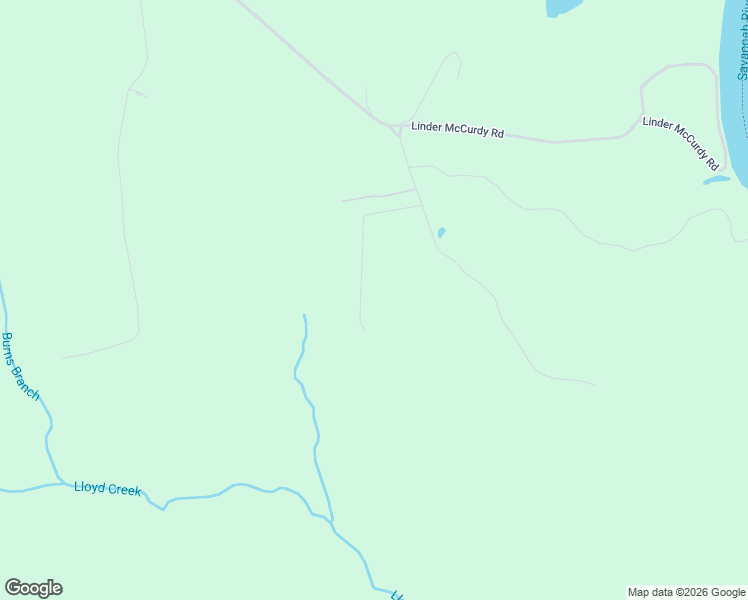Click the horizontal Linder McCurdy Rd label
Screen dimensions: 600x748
point(457,131)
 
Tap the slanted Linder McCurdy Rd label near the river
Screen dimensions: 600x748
point(681,142)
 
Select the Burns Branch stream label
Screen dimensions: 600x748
point(20,366)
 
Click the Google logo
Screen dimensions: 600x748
point(33,588)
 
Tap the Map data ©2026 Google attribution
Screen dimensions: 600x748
point(686,592)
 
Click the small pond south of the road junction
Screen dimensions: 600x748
point(440,233)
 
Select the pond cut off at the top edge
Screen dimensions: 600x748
point(562,7)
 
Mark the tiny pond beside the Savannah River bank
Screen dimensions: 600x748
point(716,181)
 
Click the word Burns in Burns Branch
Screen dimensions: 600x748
point(10,349)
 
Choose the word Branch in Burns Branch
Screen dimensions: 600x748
point(27,381)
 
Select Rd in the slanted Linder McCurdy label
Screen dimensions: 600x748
point(712,161)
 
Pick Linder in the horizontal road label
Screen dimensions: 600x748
point(426,128)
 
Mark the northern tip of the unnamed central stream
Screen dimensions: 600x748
point(304,316)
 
